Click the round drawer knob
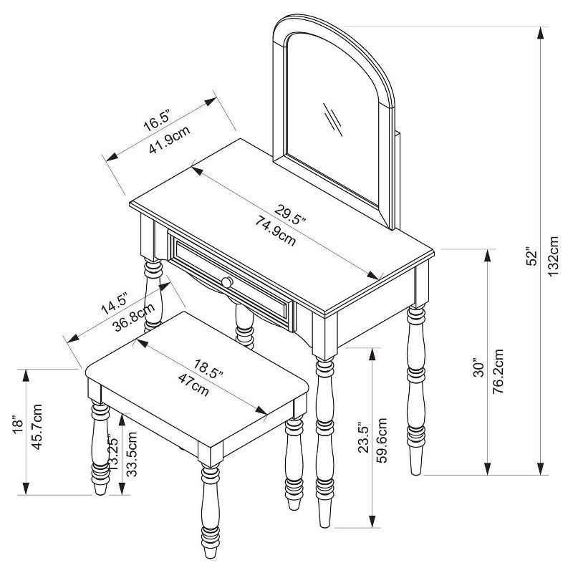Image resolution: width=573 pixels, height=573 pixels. tap(227, 282)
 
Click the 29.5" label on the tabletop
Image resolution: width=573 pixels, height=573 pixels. tap(289, 212)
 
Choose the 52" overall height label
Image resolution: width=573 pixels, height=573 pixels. tap(531, 259)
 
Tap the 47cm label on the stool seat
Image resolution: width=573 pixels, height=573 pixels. tap(193, 385)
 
